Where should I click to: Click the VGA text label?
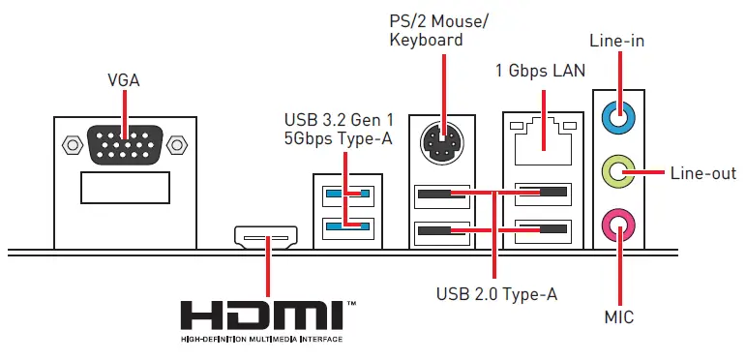point(124,80)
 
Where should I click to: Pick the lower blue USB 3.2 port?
point(346,226)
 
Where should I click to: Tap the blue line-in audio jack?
point(619,117)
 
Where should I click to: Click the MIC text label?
point(618,316)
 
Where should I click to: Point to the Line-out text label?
point(702,173)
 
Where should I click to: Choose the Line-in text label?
point(616,41)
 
